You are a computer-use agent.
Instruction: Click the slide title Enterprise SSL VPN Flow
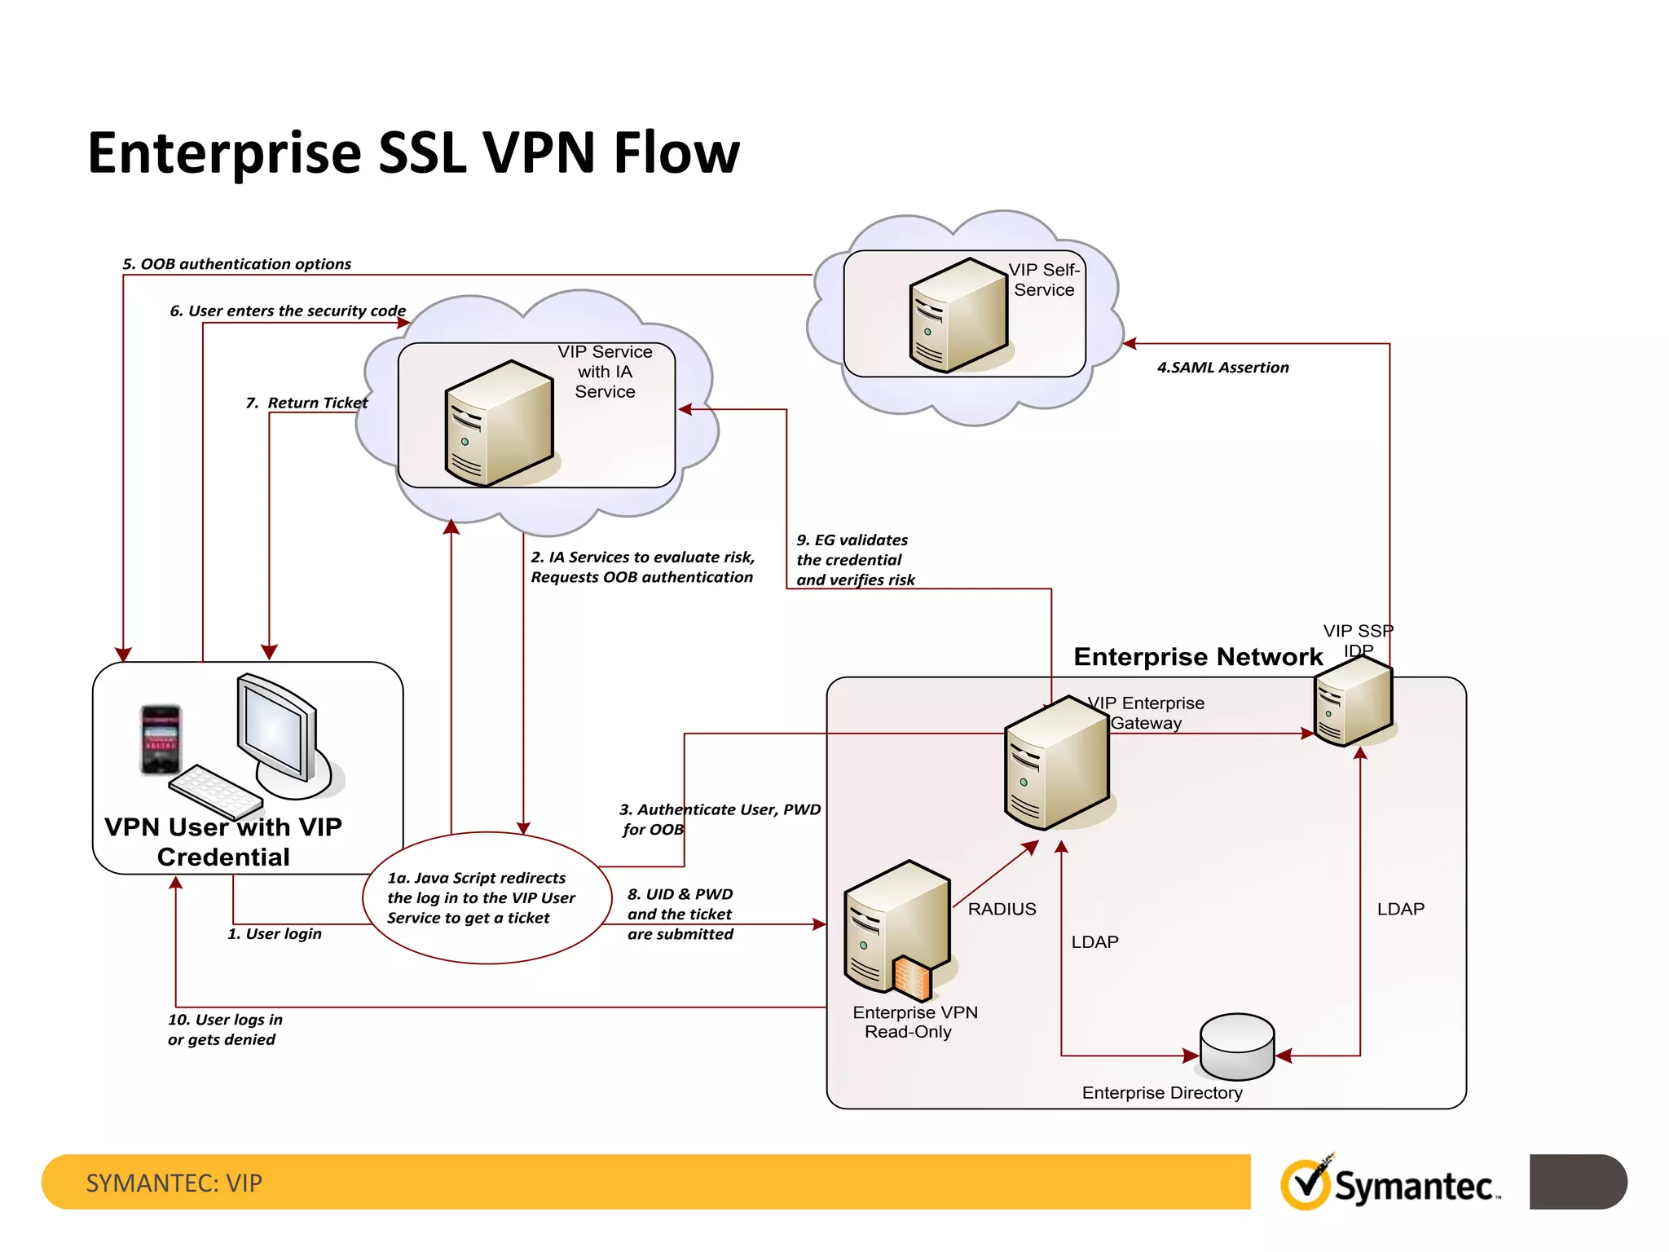pos(413,152)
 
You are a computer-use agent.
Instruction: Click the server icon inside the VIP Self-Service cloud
pos(958,315)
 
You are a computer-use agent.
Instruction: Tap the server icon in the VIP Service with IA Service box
pos(499,424)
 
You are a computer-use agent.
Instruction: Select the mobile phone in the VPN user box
pos(161,739)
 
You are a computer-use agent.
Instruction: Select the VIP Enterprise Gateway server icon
pos(1057,763)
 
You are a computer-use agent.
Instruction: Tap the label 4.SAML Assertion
pos(1222,368)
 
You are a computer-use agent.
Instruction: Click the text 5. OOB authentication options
pos(236,264)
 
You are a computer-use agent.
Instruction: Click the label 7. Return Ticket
pos(306,403)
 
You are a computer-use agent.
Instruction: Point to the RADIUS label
pos(1002,909)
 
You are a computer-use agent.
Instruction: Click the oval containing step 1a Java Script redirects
pos(487,897)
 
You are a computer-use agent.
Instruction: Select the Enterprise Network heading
pos(1197,657)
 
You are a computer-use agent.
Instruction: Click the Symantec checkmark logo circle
pos(1306,1184)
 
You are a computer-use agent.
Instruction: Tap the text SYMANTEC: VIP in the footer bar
pos(174,1183)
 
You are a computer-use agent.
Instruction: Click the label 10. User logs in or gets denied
pos(224,1029)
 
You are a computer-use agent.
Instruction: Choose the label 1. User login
pos(275,934)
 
